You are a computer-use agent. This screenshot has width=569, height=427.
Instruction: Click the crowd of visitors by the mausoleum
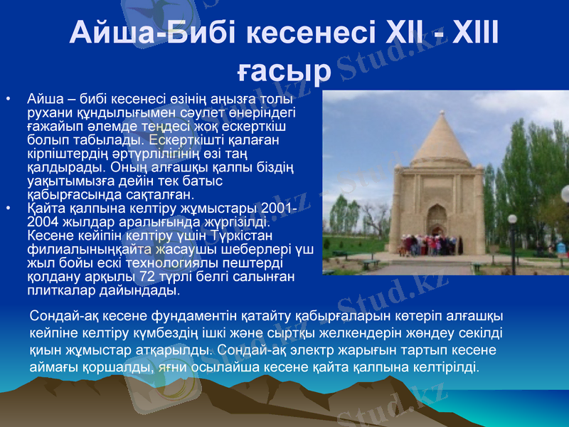[x=427, y=246]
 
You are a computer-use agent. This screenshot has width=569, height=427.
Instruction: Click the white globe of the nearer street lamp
[x=511, y=219]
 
